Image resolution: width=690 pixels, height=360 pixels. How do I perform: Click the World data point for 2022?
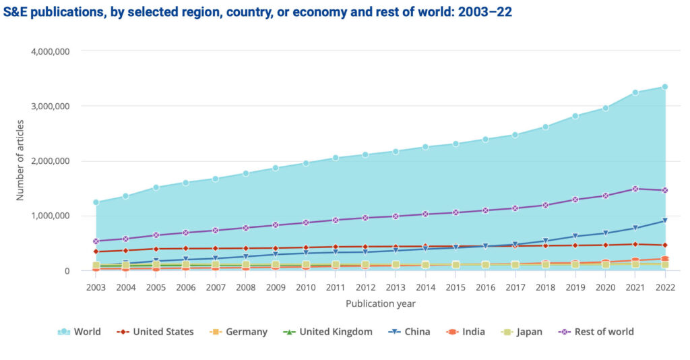click(x=664, y=86)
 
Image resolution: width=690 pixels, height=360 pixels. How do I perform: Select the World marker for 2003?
click(x=96, y=202)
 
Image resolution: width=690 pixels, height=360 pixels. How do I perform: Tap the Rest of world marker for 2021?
click(x=635, y=189)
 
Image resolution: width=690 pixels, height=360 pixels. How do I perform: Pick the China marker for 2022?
click(x=664, y=220)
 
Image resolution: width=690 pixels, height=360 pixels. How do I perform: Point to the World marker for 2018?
click(x=545, y=127)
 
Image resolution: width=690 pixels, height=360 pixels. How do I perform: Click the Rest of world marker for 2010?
click(x=306, y=222)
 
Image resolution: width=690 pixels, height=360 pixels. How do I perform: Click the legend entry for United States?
click(x=156, y=332)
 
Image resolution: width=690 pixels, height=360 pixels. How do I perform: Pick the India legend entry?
click(x=466, y=332)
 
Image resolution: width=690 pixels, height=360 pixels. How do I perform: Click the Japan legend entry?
click(x=521, y=332)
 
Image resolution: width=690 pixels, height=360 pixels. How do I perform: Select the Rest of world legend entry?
click(x=596, y=332)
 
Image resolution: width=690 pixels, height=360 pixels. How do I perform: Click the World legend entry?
click(x=80, y=332)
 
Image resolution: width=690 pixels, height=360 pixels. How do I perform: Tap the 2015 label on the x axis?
click(x=456, y=287)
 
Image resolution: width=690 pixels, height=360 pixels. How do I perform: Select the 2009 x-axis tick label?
click(x=276, y=287)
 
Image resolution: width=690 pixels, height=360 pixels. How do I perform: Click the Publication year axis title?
click(x=381, y=304)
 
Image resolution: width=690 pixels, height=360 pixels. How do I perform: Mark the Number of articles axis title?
click(x=20, y=160)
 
